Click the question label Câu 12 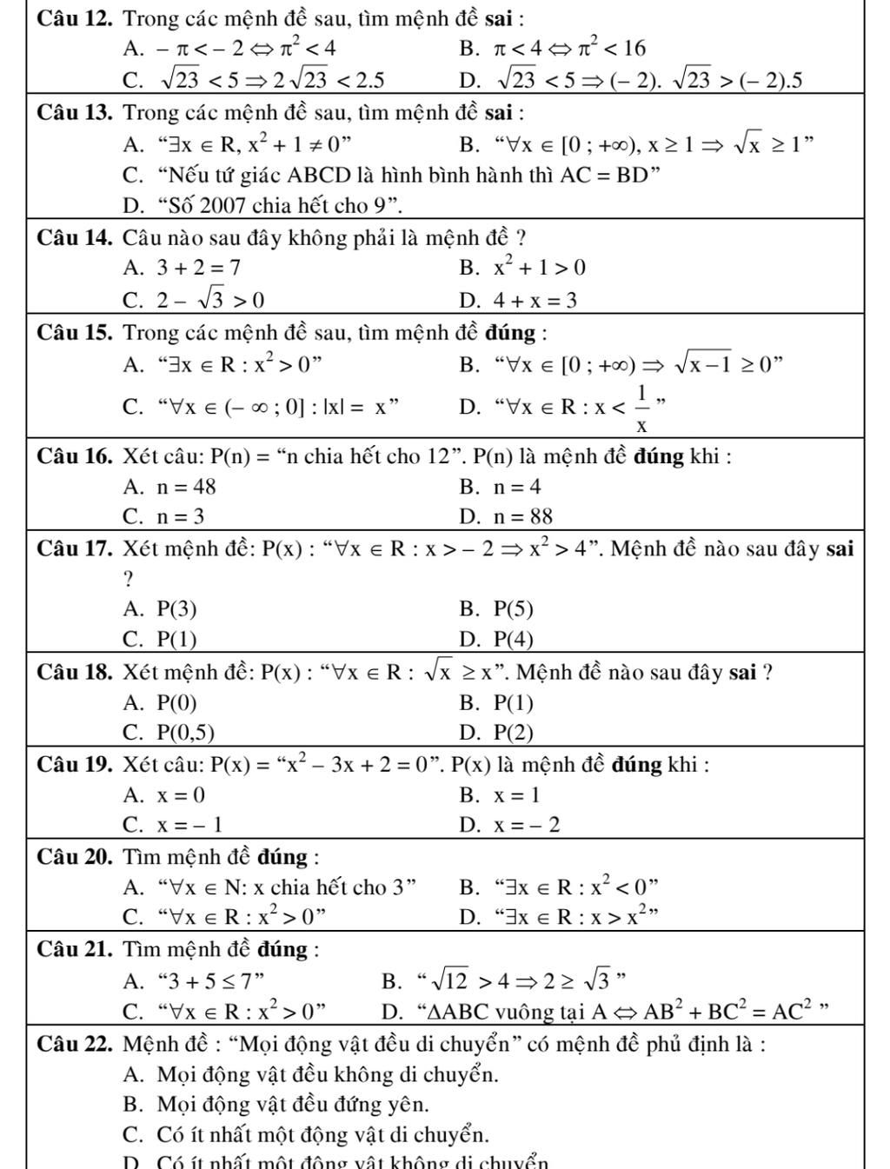[76, 17]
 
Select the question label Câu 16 [76, 455]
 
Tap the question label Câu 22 [76, 1043]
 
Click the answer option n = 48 [186, 487]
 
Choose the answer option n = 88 [522, 517]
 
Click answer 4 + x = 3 [535, 301]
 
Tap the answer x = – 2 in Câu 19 [527, 825]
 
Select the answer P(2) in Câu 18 [514, 733]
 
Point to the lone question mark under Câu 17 [129, 579]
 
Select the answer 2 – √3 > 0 [209, 301]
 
